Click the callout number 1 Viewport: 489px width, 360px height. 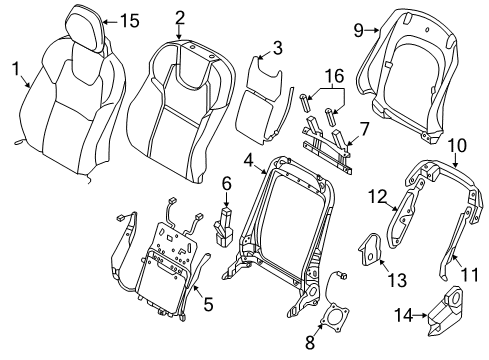pos(14,68)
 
